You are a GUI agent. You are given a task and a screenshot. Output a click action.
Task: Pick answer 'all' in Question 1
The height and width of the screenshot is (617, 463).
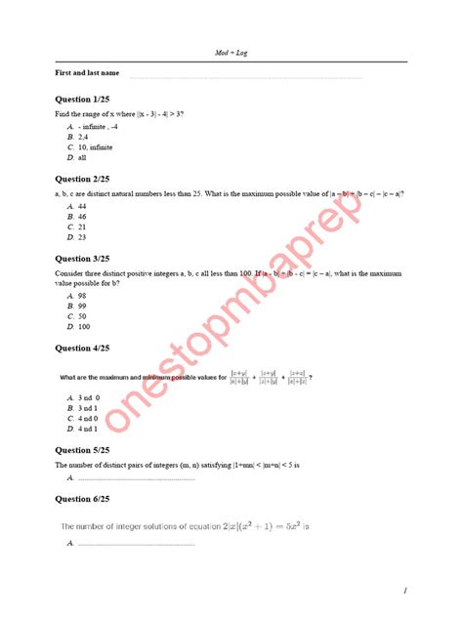[x=82, y=157]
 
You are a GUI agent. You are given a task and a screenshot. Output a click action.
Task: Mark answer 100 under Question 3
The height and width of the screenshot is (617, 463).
[x=84, y=326]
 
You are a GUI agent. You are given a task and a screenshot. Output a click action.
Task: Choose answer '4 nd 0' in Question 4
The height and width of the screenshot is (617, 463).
[x=88, y=418]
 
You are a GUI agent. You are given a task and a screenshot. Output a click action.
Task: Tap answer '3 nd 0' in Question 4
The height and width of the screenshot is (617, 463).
[x=88, y=398]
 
